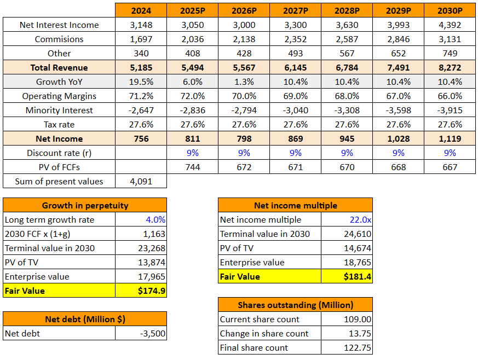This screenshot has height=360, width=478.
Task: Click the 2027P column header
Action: pyautogui.click(x=295, y=10)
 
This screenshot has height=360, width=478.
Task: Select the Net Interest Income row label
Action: pyautogui.click(x=59, y=25)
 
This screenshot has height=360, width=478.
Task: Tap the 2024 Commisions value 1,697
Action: pyautogui.click(x=141, y=39)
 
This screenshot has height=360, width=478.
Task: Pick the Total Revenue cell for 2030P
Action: pyautogui.click(x=450, y=67)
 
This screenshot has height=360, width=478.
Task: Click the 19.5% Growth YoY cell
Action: pyautogui.click(x=141, y=82)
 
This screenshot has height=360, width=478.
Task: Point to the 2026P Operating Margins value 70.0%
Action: pyautogui.click(x=244, y=96)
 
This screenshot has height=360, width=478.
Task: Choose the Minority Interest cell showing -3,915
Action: pyautogui.click(x=450, y=110)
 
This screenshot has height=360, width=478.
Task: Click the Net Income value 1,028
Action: pyautogui.click(x=398, y=138)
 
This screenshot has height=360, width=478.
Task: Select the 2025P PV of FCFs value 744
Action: pyautogui.click(x=193, y=167)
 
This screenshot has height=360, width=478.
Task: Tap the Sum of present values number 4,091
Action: pyautogui.click(x=141, y=181)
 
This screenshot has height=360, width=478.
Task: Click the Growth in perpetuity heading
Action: pyautogui.click(x=85, y=206)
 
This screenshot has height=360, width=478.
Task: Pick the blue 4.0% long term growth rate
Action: pyautogui.click(x=155, y=219)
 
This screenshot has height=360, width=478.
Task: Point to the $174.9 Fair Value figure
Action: pyautogui.click(x=152, y=291)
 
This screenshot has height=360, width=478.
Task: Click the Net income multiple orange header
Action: pyautogui.click(x=295, y=206)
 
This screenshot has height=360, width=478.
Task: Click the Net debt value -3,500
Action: pyautogui.click(x=153, y=333)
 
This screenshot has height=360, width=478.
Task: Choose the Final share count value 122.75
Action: pyautogui.click(x=359, y=347)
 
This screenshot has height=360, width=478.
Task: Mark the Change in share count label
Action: pyautogui.click(x=264, y=333)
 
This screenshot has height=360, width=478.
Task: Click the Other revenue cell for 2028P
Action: pyautogui.click(x=347, y=53)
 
